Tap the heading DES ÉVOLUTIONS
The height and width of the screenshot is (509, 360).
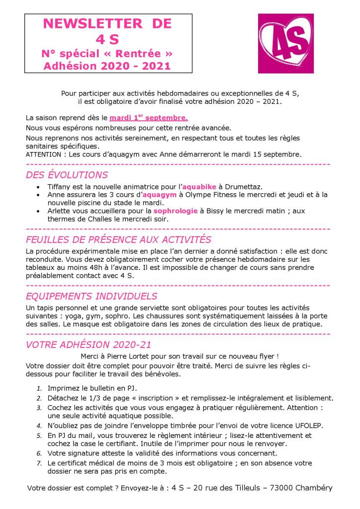67,175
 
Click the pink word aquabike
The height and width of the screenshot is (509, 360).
197,186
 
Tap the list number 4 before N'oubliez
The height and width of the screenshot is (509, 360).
39,426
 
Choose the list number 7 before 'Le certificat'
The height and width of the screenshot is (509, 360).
39,463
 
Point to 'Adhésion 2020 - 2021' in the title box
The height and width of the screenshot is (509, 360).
107,65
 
